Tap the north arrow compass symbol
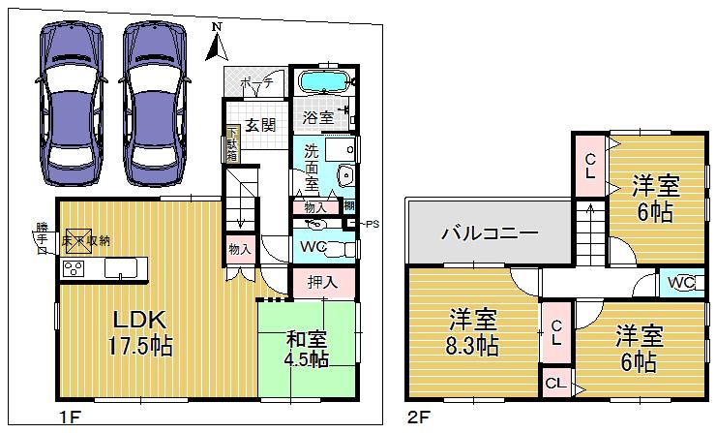click(218, 39)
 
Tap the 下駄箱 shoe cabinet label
click(232, 145)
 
